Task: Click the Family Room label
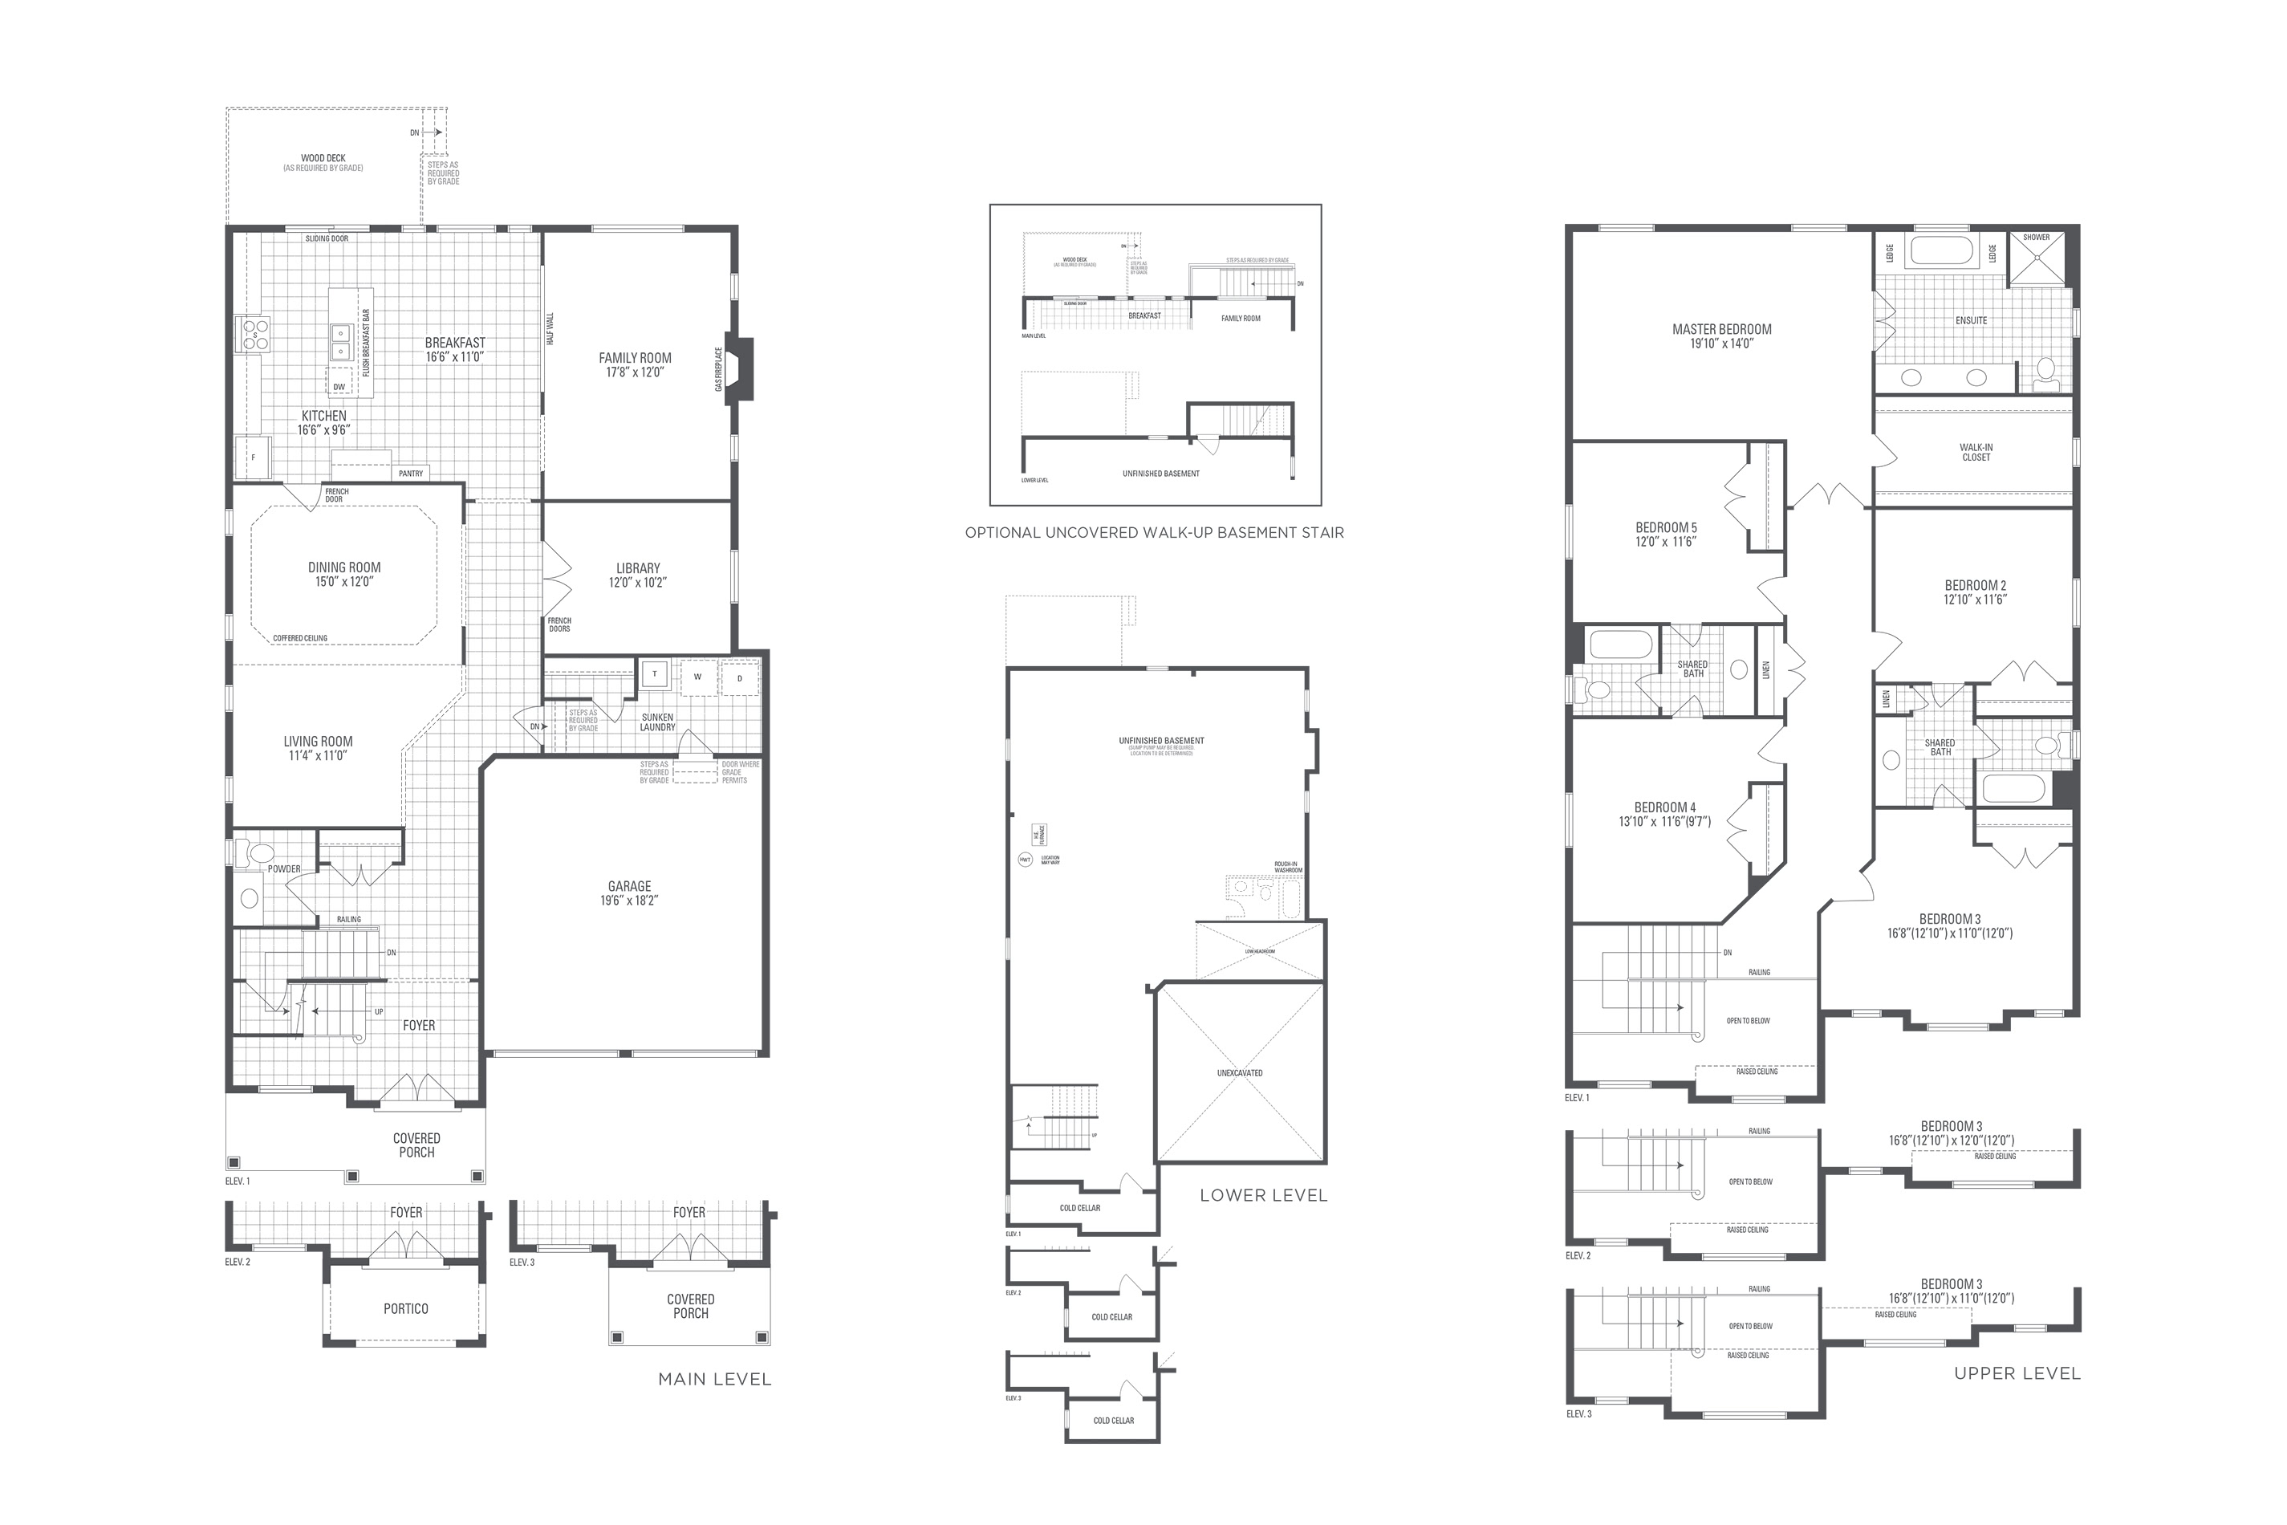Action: click(635, 358)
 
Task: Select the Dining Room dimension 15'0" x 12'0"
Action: click(344, 583)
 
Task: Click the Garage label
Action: click(629, 886)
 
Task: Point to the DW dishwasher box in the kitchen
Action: click(339, 387)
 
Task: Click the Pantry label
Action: click(410, 474)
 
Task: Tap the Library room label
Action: click(638, 568)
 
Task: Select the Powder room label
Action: click(284, 868)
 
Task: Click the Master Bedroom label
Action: click(1721, 330)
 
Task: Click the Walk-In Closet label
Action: click(1976, 452)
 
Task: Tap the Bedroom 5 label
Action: click(1666, 528)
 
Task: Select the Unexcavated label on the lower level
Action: click(1240, 1073)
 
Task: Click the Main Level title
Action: click(715, 1379)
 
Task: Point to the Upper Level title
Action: click(2017, 1373)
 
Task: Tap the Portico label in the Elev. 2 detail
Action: click(405, 1309)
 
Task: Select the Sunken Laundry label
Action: click(657, 722)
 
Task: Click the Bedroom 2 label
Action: click(1975, 585)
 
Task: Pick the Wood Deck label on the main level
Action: click(323, 157)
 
